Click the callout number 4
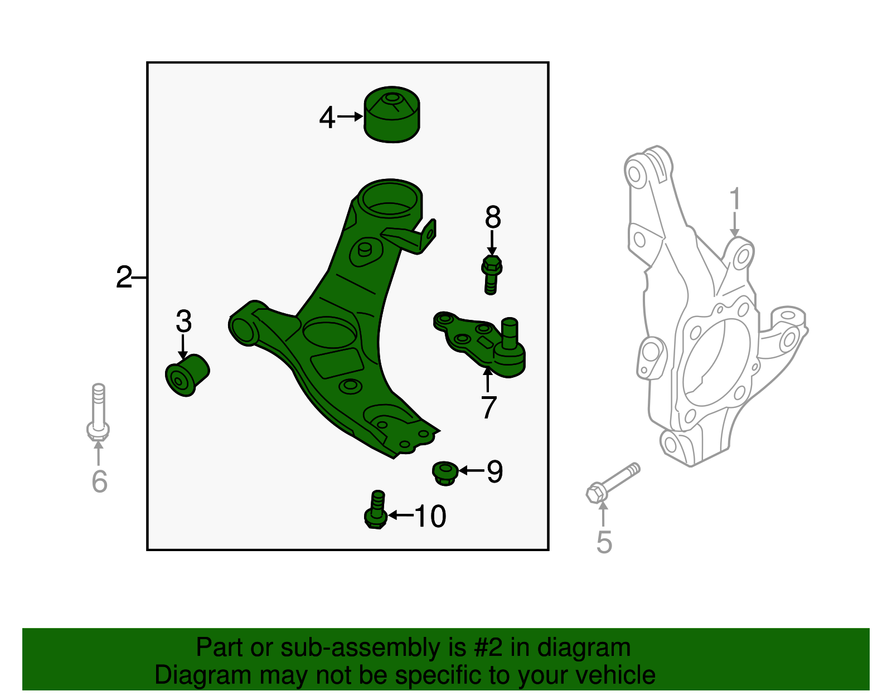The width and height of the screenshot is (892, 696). click(327, 118)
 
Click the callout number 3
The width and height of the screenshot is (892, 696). click(183, 322)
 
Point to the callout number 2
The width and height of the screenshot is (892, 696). click(124, 278)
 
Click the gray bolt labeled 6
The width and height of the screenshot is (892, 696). click(98, 412)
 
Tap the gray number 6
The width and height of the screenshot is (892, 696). click(99, 481)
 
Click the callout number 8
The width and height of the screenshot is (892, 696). click(492, 218)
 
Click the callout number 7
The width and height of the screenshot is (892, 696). click(488, 408)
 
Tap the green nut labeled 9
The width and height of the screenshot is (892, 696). click(445, 473)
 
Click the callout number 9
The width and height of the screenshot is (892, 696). click(495, 471)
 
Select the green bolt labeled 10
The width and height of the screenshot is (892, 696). click(376, 509)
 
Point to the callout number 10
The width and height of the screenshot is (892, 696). click(430, 516)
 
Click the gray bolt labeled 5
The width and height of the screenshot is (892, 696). click(612, 482)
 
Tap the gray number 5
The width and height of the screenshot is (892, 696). click(604, 542)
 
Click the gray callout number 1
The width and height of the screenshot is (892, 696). click(735, 199)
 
